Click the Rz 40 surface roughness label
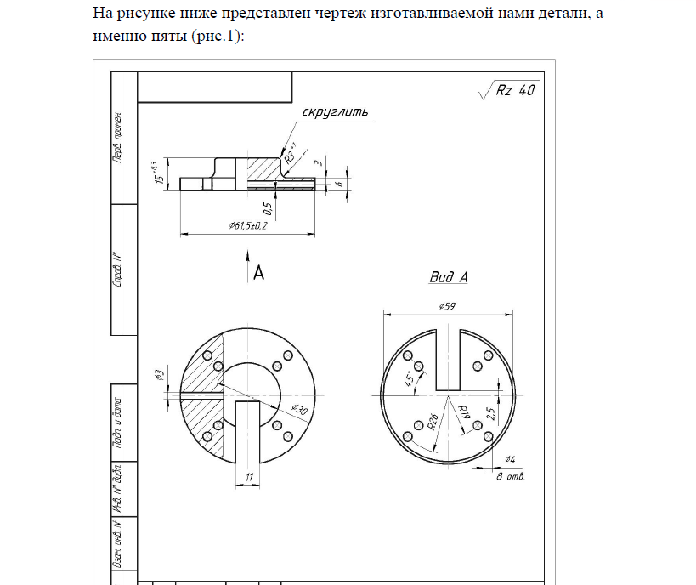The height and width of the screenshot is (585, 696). [x=515, y=91]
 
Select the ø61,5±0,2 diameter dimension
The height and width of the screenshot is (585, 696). [x=248, y=226]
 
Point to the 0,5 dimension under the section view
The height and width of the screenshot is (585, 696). [x=268, y=208]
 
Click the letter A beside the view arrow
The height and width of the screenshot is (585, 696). [x=259, y=272]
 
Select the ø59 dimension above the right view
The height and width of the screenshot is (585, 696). [x=449, y=306]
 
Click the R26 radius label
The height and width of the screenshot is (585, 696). [x=433, y=421]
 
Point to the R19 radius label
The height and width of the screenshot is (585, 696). [x=464, y=414]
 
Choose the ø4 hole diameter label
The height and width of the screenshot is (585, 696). [x=510, y=460]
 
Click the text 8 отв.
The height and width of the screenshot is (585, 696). [x=511, y=476]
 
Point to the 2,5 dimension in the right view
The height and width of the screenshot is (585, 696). [x=491, y=414]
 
